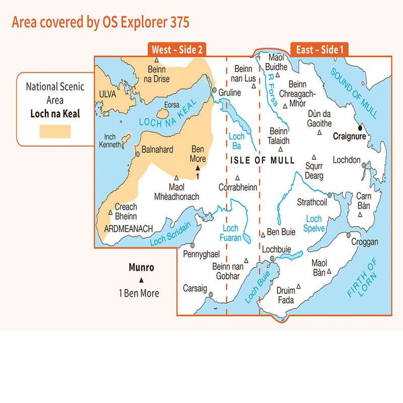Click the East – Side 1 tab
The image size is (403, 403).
coord(320,49)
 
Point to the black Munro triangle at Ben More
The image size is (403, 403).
coord(198,168)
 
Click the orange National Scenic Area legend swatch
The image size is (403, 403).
coord(55,131)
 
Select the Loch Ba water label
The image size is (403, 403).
coord(236,141)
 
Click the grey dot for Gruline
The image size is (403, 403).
coord(215,91)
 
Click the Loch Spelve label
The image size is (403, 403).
coord(314,224)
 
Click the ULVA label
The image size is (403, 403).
coord(107,94)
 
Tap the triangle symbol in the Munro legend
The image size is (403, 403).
coord(141,280)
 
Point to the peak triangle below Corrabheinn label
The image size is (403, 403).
coord(237,177)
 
